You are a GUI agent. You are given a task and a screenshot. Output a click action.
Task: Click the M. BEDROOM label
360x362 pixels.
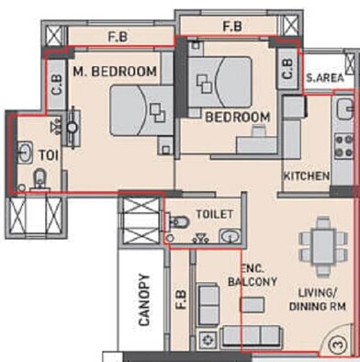tap(114, 71)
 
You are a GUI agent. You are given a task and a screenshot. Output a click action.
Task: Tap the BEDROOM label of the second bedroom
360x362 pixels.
tap(237, 118)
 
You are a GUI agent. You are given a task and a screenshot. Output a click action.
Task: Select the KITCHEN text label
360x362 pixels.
tap(306, 175)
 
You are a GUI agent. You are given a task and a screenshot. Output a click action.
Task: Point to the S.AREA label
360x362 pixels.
tap(324, 78)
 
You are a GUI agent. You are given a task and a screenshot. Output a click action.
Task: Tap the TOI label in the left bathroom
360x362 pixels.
tap(48, 154)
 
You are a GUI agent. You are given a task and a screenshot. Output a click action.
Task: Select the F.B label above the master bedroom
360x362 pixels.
tap(117, 39)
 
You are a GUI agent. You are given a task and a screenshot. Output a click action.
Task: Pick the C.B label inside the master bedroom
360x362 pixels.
tap(55, 85)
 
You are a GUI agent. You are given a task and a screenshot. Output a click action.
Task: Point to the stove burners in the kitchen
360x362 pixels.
tap(347, 145)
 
